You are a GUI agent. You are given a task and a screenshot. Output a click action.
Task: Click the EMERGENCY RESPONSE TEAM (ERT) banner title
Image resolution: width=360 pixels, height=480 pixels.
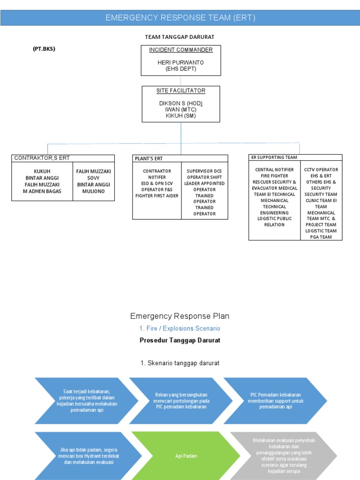point(180,18)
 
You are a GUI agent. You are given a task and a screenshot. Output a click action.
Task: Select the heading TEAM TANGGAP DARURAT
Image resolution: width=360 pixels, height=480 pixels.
point(180,37)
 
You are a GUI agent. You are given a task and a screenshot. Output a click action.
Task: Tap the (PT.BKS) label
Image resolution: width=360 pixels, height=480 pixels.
point(44,48)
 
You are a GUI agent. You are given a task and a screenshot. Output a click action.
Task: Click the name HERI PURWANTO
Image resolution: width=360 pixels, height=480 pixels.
point(180,62)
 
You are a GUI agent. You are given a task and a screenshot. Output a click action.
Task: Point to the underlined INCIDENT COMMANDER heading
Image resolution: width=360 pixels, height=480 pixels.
point(180,50)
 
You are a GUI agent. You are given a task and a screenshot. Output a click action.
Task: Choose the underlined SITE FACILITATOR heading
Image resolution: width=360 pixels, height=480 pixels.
point(180,90)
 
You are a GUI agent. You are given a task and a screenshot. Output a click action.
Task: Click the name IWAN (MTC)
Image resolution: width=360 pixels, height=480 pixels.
point(180,109)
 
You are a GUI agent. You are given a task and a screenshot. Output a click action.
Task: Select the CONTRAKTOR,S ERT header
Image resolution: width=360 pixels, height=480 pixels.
point(42,158)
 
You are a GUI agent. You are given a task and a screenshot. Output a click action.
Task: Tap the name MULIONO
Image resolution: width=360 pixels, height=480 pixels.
point(93,191)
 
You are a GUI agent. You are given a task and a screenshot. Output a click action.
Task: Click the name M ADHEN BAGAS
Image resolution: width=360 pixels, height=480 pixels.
point(42,191)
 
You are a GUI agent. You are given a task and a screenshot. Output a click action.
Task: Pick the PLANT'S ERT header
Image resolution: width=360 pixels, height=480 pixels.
point(149,159)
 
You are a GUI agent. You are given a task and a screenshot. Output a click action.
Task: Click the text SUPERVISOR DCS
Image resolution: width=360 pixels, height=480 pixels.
point(204,171)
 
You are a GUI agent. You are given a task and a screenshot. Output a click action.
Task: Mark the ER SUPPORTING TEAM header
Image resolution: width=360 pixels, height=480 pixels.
point(274,157)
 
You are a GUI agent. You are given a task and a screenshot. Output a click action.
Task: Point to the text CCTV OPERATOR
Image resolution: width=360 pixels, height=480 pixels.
point(321,170)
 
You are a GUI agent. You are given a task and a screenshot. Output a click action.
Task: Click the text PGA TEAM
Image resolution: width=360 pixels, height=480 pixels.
point(321,237)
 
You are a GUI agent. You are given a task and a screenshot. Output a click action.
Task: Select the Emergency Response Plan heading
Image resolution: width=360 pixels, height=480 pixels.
point(180,316)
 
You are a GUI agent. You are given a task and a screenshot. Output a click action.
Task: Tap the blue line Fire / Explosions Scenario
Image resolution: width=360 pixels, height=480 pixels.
point(180,329)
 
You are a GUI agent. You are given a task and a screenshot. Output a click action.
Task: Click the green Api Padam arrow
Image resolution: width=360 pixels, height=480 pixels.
point(185,455)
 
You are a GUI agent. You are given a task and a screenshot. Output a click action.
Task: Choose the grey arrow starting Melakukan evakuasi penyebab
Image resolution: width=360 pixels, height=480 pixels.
point(283,455)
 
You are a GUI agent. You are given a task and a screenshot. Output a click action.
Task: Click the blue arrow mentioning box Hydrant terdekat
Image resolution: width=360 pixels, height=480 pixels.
point(87,455)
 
